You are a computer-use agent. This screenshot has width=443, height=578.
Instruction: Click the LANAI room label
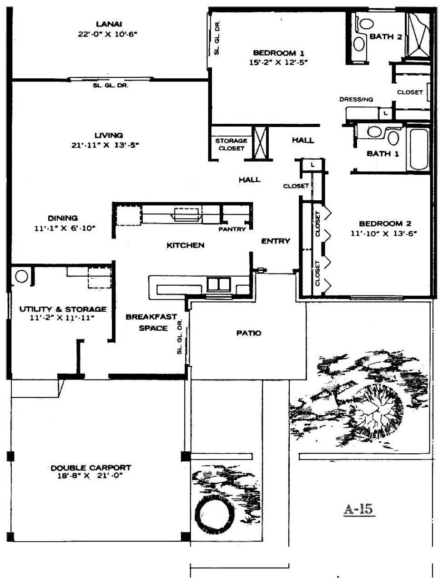point(109,24)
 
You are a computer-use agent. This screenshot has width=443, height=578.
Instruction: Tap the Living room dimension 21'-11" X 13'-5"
point(106,145)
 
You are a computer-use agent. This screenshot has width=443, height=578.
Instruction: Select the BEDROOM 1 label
point(278,53)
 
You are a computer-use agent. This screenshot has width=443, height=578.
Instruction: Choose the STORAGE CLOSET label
point(231,144)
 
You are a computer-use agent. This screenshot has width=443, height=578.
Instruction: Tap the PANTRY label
point(232,229)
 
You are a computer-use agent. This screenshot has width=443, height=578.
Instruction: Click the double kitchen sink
point(219,284)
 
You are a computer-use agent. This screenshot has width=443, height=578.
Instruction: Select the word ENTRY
point(276,241)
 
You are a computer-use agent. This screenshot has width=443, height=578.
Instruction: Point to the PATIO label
point(249,333)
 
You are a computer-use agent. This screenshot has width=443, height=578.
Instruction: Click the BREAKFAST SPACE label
point(151,322)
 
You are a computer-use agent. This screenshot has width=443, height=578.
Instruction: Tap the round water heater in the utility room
point(21,276)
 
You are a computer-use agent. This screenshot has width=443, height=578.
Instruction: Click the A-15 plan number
point(359,509)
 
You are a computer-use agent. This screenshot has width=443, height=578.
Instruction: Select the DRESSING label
point(356,99)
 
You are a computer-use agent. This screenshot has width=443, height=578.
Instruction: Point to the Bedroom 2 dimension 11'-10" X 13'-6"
point(383,233)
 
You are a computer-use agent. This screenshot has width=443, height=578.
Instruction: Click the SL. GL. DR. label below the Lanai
point(111,86)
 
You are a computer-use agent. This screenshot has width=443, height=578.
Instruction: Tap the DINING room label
point(63,218)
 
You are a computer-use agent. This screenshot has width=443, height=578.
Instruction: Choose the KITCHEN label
point(185,245)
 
